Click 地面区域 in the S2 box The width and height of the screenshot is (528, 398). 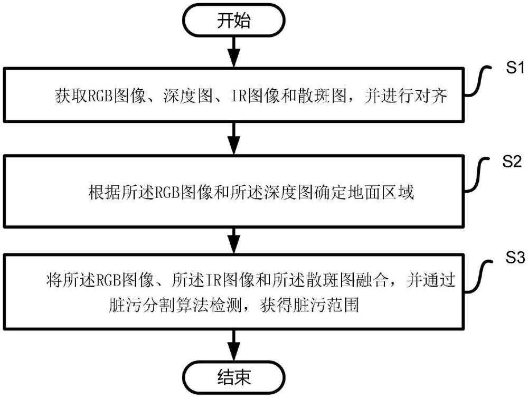[x=382, y=192]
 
